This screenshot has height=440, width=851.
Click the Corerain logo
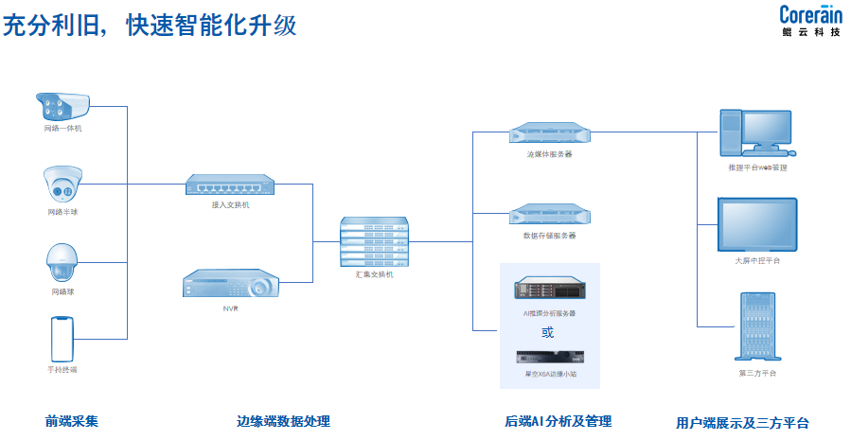point(810,21)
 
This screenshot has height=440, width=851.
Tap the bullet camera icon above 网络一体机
point(63,104)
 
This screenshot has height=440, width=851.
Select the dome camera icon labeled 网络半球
point(62,184)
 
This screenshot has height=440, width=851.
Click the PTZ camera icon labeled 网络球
point(62,262)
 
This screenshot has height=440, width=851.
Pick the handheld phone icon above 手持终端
point(62,339)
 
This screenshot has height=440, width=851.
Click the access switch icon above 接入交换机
point(230,185)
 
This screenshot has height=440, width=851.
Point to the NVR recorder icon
point(230,284)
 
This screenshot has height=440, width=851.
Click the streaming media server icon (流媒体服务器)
point(549,133)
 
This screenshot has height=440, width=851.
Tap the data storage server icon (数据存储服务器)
point(549,214)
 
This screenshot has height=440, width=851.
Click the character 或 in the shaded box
point(548,332)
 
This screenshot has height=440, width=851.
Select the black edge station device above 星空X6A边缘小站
point(549,358)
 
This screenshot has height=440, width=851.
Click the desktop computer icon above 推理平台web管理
point(757,132)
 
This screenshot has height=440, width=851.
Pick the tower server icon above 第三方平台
point(757,326)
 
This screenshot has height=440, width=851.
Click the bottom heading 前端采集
point(72,422)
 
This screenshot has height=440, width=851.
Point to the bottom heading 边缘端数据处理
point(283,422)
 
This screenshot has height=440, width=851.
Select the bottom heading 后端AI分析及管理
point(558,422)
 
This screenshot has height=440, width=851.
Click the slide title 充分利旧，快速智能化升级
point(150,26)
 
